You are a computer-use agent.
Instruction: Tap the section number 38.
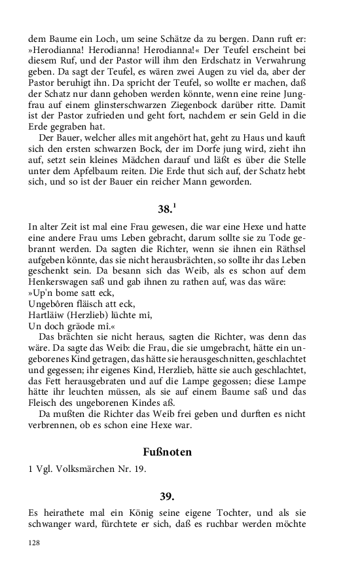point(165,210)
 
